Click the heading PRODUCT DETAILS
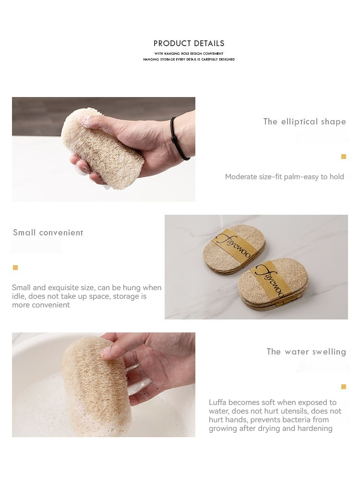click(x=189, y=43)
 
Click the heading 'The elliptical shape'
click(x=305, y=122)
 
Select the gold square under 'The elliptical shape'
click(x=344, y=157)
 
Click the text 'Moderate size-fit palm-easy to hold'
click(x=285, y=177)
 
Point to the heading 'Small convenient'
click(x=48, y=233)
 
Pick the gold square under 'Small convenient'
click(x=15, y=268)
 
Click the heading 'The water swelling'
click(x=306, y=352)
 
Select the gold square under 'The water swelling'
click(x=344, y=387)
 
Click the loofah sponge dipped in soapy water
click(x=96, y=386)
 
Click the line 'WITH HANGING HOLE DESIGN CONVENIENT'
click(x=189, y=53)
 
